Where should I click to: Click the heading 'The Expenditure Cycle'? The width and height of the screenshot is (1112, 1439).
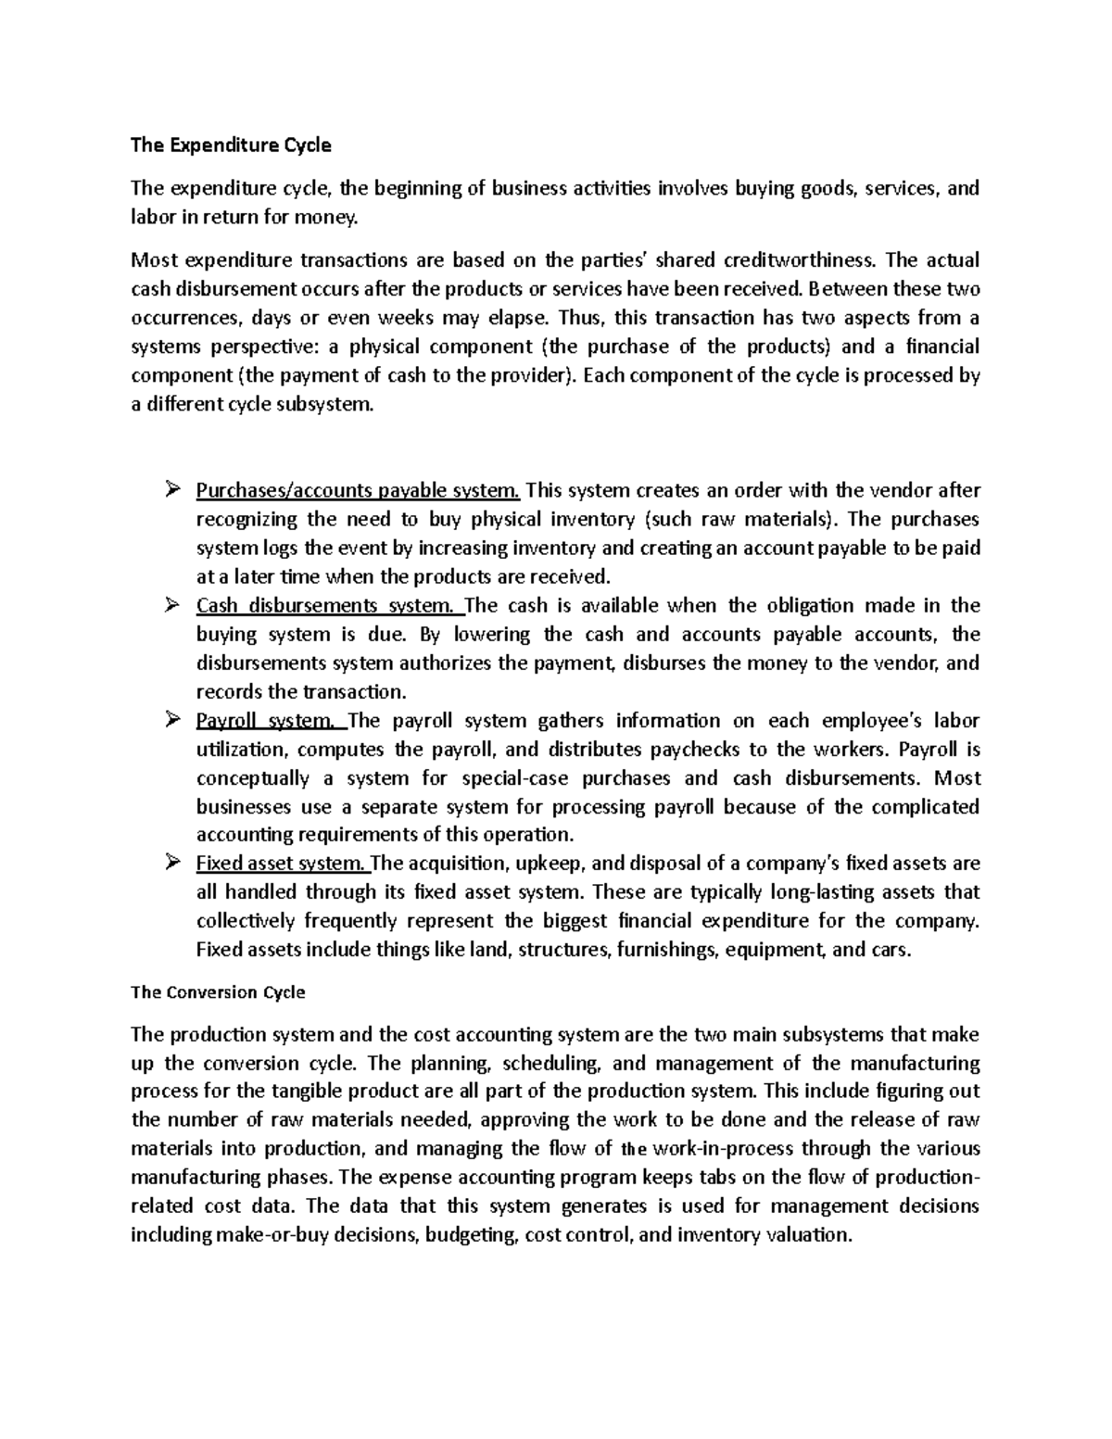(x=231, y=145)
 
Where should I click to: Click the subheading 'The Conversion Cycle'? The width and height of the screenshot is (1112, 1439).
(x=218, y=992)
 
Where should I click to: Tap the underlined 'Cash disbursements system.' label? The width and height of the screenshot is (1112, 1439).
(x=329, y=606)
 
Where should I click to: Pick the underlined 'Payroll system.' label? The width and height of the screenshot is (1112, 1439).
(x=270, y=721)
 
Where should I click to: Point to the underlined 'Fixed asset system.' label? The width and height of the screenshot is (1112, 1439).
(x=283, y=864)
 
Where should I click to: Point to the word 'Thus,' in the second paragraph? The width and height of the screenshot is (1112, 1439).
(x=581, y=318)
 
